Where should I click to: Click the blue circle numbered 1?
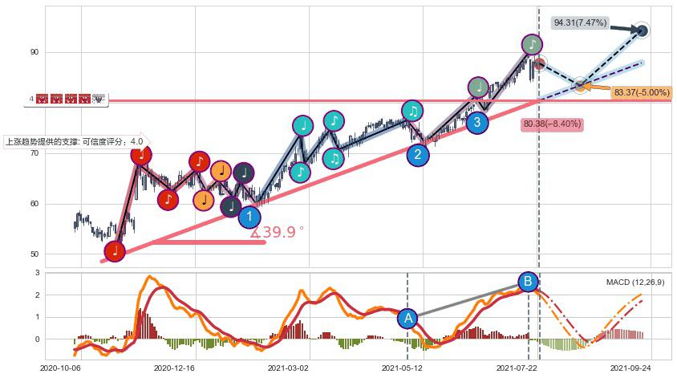[x=249, y=216]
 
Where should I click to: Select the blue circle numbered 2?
[x=417, y=155]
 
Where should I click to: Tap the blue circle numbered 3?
[x=477, y=122]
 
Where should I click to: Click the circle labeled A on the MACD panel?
[x=408, y=319]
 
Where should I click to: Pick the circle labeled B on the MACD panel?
[x=528, y=282]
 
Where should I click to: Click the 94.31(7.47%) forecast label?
[x=580, y=23]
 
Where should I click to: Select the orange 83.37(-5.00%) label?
[x=641, y=93]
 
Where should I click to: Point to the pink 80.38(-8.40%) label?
[x=551, y=124]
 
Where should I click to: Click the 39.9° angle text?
[x=278, y=233]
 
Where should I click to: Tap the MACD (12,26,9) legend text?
[x=635, y=282]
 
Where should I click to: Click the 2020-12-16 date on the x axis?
[x=175, y=368]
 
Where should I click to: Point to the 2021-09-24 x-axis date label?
[x=630, y=368]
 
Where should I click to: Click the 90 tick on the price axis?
[x=34, y=52]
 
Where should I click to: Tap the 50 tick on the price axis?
[x=34, y=254]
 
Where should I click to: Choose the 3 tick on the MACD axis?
[x=37, y=274]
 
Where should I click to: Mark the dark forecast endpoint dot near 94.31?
[x=642, y=30]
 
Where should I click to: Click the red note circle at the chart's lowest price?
[x=115, y=250]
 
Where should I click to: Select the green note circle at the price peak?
[x=531, y=45]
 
